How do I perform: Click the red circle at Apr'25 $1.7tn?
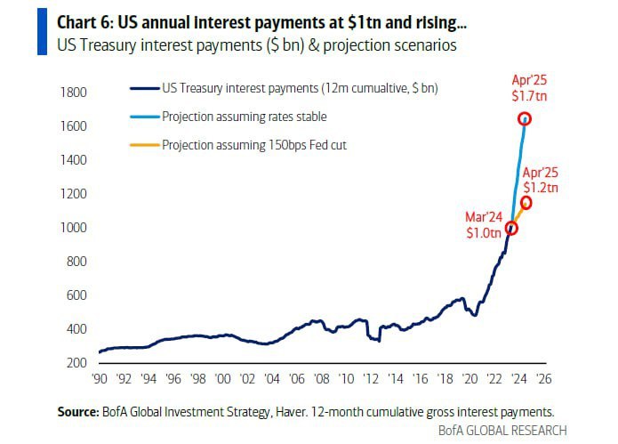[525, 119]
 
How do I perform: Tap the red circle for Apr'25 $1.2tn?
[526, 203]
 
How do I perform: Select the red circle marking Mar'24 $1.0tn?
[511, 228]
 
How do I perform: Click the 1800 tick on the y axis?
[73, 93]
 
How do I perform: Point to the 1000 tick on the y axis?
[73, 228]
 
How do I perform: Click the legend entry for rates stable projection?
[245, 117]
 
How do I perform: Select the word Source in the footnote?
[75, 411]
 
